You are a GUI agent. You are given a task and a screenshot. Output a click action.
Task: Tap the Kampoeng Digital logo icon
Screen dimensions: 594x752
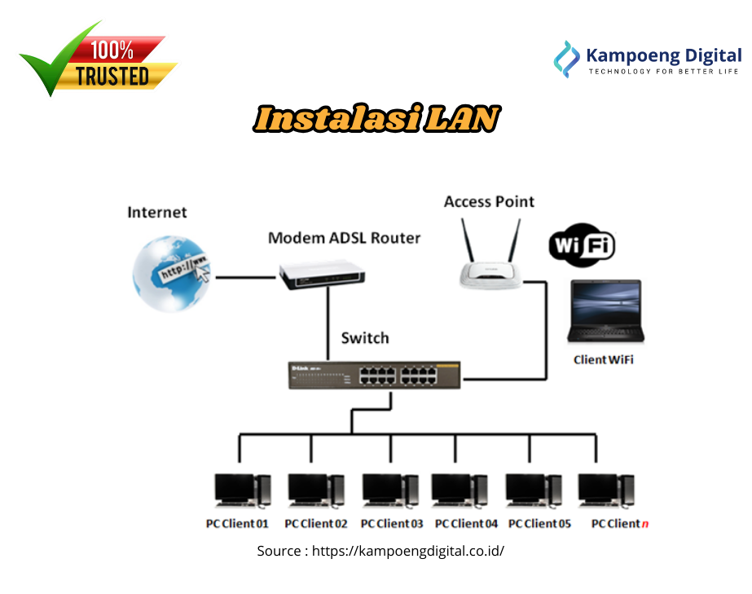tap(566, 58)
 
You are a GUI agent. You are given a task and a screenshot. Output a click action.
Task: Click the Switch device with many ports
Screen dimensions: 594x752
tap(374, 374)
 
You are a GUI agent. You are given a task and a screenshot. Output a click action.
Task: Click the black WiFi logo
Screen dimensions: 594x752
tap(582, 245)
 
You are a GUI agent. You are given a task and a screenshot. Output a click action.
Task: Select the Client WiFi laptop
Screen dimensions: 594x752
tap(606, 310)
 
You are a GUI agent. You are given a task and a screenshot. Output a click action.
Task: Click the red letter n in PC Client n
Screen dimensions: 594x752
tap(645, 523)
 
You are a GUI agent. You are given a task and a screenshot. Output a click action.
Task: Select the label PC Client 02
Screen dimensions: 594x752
tap(315, 523)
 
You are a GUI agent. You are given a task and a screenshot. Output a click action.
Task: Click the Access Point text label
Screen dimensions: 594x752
tap(489, 201)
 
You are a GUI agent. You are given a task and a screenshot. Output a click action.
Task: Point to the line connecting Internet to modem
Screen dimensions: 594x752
tap(244, 277)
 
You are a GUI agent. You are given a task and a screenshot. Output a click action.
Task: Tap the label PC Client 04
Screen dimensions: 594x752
tap(466, 523)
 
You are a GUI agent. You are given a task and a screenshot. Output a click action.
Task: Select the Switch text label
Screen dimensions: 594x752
tap(364, 337)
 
